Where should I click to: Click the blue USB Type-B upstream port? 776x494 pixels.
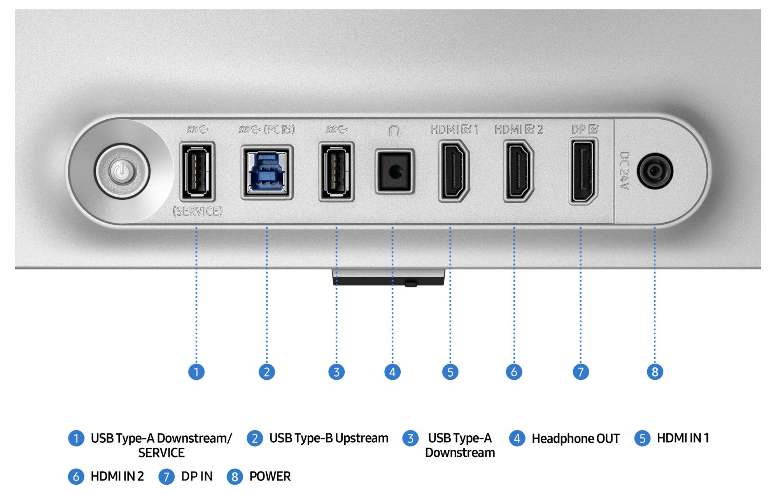tap(267, 172)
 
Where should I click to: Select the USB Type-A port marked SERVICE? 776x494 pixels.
tap(197, 171)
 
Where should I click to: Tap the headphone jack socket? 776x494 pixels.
tap(394, 171)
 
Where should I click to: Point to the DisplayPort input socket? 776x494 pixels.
tap(583, 171)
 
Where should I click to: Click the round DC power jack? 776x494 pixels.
tap(655, 171)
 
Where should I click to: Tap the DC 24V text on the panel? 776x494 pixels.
tap(624, 171)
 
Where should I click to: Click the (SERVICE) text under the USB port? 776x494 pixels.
tap(198, 211)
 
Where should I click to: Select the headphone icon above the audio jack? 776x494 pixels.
tap(394, 131)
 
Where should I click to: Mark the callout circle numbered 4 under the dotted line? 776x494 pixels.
tap(392, 372)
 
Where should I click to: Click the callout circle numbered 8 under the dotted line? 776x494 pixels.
tap(655, 372)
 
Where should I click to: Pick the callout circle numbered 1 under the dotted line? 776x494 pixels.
tap(196, 372)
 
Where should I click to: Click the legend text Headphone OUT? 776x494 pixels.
tap(576, 438)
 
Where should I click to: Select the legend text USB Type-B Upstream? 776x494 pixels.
tap(329, 438)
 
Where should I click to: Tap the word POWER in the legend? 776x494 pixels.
tap(270, 476)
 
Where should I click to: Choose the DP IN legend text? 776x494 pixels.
tap(197, 476)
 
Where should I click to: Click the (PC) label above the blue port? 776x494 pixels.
tap(279, 129)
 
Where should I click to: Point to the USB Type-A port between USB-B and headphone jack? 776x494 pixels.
tap(336, 171)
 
